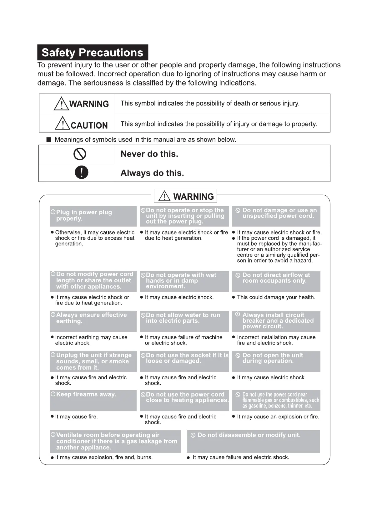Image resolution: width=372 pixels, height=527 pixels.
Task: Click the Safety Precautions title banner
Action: click(x=93, y=53)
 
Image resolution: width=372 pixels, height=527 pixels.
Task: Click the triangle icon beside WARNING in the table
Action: click(x=61, y=104)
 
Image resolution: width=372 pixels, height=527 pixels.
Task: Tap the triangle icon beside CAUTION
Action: click(x=63, y=123)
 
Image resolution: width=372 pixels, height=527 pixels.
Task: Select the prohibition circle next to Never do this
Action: click(x=80, y=154)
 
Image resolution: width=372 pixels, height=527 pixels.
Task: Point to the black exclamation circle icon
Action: click(x=82, y=172)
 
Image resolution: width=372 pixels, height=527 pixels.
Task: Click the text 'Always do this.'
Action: click(x=152, y=173)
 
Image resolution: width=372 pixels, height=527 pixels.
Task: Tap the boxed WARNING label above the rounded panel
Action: click(x=185, y=196)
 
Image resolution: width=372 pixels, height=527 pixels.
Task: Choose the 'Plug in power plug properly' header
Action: click(x=93, y=216)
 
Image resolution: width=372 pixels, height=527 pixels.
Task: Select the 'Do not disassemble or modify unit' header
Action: click(x=254, y=441)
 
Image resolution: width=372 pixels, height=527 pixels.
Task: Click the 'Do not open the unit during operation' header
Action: click(x=276, y=361)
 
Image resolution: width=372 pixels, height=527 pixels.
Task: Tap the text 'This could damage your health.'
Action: click(x=276, y=297)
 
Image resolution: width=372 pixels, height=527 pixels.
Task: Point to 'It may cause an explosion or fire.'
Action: click(x=278, y=417)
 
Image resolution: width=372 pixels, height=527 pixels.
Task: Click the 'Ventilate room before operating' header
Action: click(x=115, y=441)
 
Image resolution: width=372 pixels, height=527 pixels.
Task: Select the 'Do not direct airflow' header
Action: click(x=276, y=280)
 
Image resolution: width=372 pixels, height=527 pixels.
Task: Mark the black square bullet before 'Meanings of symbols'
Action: click(x=49, y=140)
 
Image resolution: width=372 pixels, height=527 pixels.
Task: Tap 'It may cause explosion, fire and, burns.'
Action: click(x=104, y=458)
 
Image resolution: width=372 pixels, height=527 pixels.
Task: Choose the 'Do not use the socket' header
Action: click(x=184, y=361)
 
